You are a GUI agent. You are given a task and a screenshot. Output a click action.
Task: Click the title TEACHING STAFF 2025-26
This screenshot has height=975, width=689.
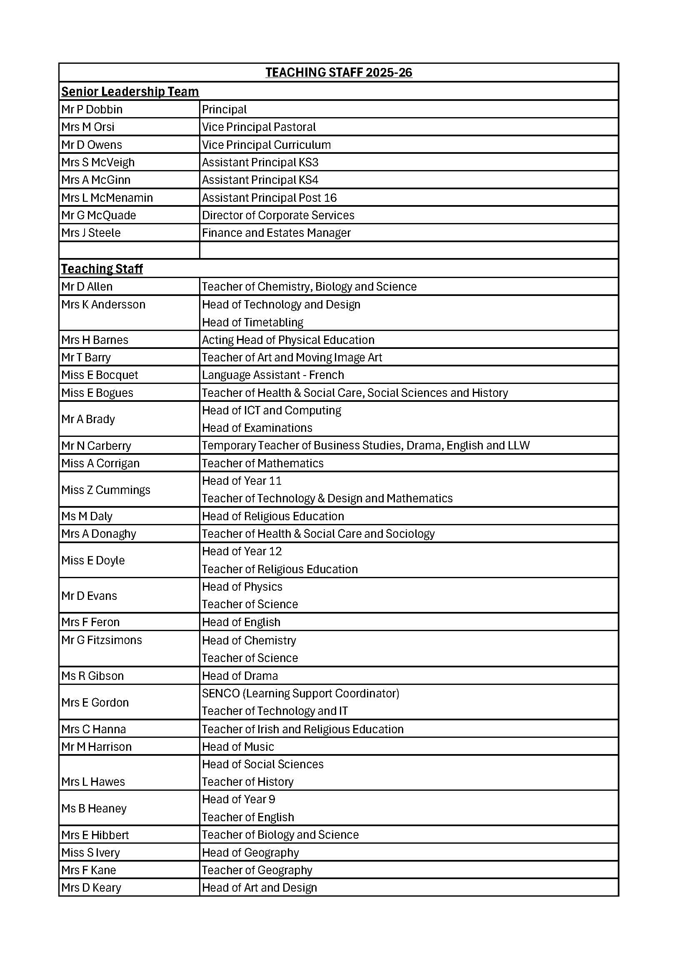click(339, 73)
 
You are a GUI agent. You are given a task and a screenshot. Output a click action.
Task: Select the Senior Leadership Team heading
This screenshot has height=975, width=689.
click(130, 91)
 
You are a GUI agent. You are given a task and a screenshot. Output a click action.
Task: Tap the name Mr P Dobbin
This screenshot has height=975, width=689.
click(92, 110)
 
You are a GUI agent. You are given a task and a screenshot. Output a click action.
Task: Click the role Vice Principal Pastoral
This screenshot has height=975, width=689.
click(258, 127)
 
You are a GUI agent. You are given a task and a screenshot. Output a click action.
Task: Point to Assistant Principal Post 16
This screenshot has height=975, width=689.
click(269, 198)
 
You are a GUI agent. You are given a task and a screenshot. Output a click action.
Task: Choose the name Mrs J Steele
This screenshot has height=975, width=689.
click(91, 233)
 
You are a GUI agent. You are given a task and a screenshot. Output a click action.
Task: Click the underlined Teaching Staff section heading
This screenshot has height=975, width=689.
click(102, 269)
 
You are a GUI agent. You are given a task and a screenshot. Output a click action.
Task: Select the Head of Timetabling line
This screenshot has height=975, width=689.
click(252, 323)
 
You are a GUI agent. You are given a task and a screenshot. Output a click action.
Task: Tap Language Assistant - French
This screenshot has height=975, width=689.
click(273, 375)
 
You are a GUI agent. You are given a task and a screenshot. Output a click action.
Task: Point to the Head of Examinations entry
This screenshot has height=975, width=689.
click(257, 428)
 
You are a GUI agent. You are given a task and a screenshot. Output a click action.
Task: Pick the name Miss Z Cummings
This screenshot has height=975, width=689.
click(106, 490)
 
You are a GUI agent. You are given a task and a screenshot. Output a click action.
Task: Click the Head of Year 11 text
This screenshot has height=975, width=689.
click(242, 481)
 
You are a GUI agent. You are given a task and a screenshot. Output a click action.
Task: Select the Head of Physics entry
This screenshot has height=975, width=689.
click(242, 587)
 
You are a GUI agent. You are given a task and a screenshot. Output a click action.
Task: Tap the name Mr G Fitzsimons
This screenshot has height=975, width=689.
click(101, 640)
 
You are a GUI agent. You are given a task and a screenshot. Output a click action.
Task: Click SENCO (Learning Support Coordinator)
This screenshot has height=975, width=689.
click(300, 694)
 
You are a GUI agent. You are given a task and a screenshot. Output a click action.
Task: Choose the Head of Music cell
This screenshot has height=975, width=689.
click(237, 747)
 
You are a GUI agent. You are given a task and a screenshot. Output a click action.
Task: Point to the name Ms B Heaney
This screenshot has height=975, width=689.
click(94, 809)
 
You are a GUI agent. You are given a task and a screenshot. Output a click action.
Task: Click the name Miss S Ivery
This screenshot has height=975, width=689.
click(90, 853)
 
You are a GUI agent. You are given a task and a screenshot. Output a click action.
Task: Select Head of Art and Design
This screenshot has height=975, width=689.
click(259, 888)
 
